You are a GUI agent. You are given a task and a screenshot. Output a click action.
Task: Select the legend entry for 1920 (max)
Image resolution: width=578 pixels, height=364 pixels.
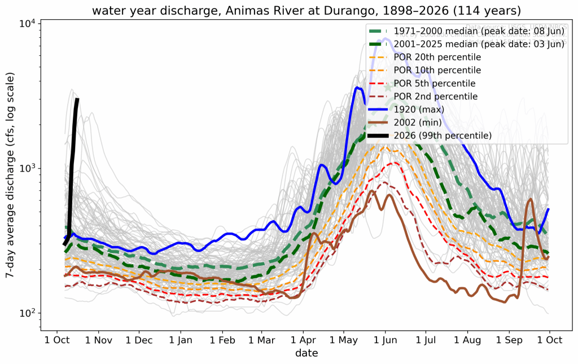click(x=419, y=109)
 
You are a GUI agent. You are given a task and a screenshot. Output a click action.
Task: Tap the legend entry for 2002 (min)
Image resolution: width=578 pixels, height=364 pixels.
click(x=418, y=122)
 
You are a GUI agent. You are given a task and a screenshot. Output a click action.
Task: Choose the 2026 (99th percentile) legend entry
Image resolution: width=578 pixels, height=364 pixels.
click(x=443, y=135)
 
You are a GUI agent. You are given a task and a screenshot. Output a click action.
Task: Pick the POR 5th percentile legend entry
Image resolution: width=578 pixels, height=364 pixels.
click(x=435, y=83)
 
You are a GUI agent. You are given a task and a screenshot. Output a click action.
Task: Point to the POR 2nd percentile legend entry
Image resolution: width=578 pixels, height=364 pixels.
click(x=435, y=96)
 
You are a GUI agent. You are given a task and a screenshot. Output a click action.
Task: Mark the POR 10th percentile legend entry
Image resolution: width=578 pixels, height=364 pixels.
click(x=437, y=70)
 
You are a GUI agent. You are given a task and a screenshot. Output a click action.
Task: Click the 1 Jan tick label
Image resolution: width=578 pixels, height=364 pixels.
click(x=180, y=340)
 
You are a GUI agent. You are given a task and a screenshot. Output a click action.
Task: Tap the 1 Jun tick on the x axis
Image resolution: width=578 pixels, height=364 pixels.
click(x=385, y=340)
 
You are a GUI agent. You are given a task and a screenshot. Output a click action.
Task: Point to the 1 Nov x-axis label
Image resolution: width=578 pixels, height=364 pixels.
click(x=98, y=340)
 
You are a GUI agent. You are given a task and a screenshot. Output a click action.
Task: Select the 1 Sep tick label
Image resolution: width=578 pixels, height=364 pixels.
click(x=510, y=340)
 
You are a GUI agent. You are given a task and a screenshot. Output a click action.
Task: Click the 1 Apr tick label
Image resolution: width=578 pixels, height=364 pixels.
click(x=303, y=340)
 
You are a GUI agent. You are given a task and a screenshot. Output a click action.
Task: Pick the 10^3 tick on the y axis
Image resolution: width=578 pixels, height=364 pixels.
click(x=27, y=168)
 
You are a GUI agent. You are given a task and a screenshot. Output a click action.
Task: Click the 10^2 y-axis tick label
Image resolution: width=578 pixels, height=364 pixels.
click(x=27, y=313)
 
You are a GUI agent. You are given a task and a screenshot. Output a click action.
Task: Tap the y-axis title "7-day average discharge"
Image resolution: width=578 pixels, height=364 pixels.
click(x=10, y=176)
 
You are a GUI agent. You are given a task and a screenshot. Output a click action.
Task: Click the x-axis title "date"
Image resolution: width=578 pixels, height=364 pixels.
click(x=306, y=354)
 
